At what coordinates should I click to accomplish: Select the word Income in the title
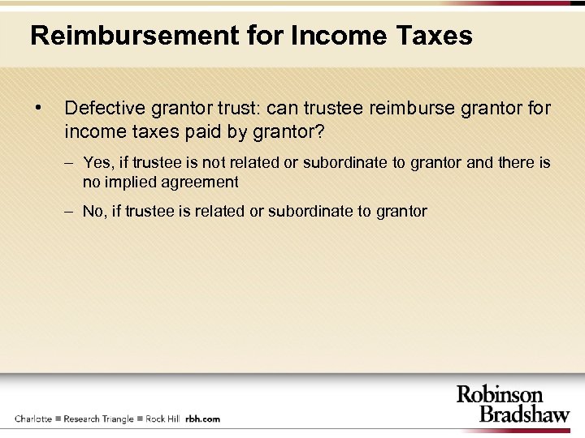pos(331,36)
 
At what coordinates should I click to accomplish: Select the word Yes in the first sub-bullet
pos(98,163)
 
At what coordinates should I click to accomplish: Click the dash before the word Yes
pos(71,163)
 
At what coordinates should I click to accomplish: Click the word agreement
pos(199,182)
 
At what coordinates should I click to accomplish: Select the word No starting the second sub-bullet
pos(94,211)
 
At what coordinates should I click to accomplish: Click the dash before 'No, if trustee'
pos(71,211)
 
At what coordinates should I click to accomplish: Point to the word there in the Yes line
pos(517,163)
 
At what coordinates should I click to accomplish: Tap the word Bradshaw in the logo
pos(524,414)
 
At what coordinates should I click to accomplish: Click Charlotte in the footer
pos(33,419)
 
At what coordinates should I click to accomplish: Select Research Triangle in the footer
pos(98,419)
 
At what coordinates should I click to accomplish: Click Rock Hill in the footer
pos(162,419)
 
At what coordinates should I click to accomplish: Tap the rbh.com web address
pos(202,419)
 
